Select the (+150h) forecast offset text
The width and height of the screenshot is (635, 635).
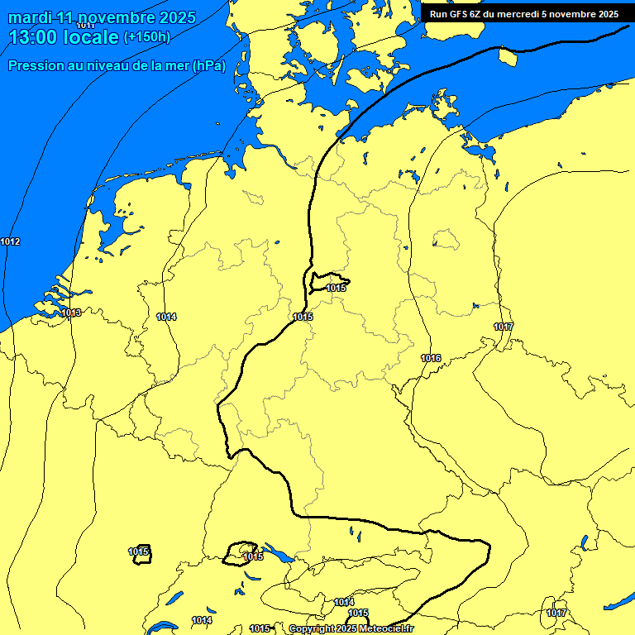pos(146,37)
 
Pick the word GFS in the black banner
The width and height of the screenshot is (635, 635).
pos(458,14)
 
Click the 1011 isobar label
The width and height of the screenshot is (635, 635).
pos(84,26)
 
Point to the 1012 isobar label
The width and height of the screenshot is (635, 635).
pos(11,241)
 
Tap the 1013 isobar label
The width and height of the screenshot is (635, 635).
pos(71,313)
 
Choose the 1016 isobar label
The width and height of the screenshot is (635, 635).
pos(431,358)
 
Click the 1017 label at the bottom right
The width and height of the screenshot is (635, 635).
pos(556,613)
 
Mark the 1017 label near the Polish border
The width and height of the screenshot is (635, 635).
pos(504,327)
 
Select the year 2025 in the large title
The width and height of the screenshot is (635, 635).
pos(175,17)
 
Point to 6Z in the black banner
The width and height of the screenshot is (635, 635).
pos(477,14)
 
